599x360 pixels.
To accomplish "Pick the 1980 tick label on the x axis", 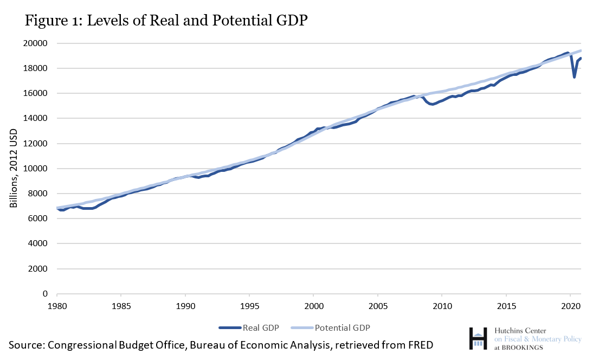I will point(57,305).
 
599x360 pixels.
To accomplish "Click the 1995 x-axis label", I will point(249,305).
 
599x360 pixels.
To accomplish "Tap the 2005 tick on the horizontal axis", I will point(378,305).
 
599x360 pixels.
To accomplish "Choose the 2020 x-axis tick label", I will point(570,305).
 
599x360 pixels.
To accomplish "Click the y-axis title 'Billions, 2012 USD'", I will point(15,168).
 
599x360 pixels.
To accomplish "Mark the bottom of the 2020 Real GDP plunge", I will point(575,77).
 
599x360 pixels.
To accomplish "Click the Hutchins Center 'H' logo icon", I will point(478,337).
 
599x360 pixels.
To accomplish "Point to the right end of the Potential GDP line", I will point(581,51).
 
